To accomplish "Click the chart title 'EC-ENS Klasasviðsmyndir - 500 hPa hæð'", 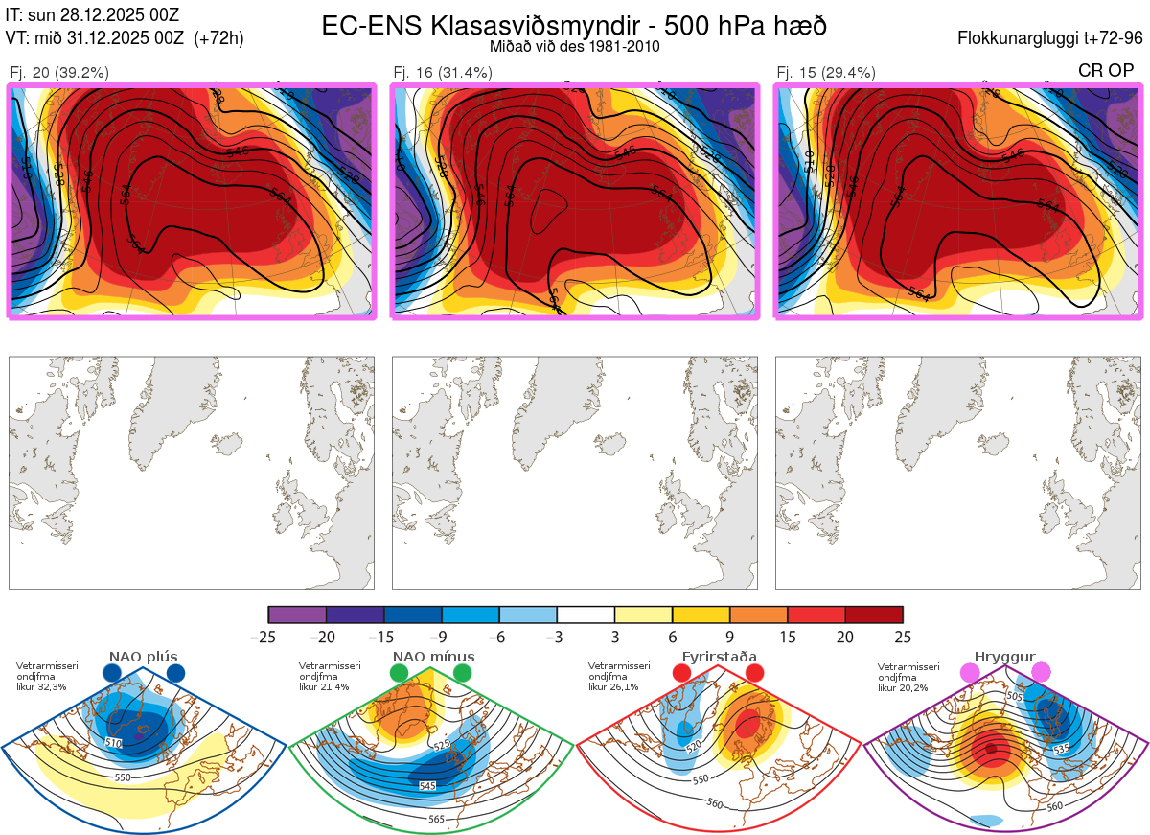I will click(x=574, y=25).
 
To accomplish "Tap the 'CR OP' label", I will click(x=1107, y=70).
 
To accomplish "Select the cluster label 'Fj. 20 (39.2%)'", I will click(x=59, y=72).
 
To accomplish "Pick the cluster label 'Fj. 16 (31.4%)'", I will click(x=443, y=72).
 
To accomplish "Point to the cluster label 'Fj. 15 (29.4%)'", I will click(x=826, y=72).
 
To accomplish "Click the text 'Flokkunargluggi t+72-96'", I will click(x=1050, y=38).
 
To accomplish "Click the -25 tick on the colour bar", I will click(x=268, y=637).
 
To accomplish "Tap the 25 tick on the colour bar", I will click(x=902, y=637).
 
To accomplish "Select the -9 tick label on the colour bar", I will click(x=441, y=637).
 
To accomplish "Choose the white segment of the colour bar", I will click(x=586, y=615).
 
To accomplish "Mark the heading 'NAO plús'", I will click(x=143, y=657).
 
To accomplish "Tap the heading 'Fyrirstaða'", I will click(x=719, y=657).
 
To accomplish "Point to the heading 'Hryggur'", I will click(x=1005, y=657).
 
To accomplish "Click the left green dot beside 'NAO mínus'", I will click(x=399, y=674).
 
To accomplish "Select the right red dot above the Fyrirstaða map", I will click(x=754, y=673).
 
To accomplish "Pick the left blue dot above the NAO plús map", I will click(x=111, y=674).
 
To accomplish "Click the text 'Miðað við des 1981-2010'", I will click(x=574, y=46).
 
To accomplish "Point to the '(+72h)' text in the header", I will click(x=218, y=38).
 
